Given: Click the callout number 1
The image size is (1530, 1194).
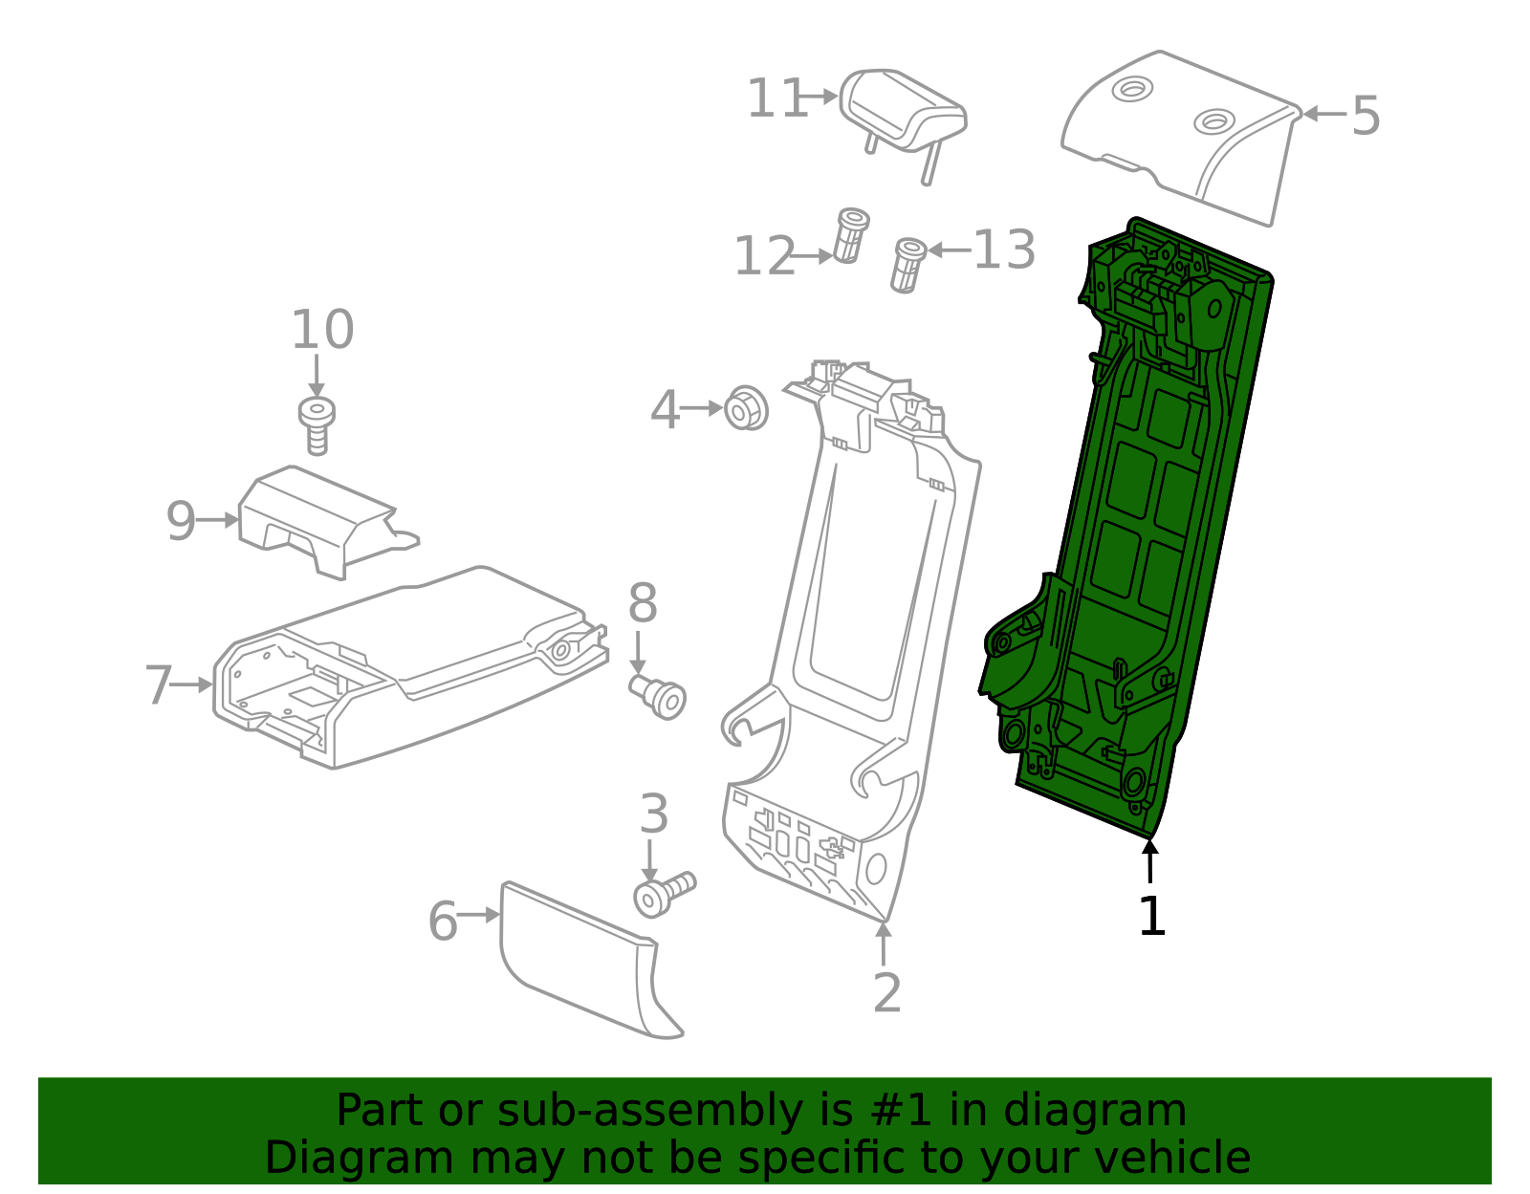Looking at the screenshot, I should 1151,917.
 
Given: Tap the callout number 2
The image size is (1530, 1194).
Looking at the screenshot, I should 886,993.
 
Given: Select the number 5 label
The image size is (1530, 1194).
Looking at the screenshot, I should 1366,117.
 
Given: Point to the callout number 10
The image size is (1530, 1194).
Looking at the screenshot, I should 322,330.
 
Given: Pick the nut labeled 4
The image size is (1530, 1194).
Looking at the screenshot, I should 746,409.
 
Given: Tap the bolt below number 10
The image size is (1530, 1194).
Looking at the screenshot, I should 317,423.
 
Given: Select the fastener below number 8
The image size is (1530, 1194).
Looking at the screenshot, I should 660,696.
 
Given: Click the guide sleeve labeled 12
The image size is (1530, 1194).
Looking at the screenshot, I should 849,235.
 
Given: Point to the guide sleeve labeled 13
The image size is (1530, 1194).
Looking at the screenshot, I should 907,265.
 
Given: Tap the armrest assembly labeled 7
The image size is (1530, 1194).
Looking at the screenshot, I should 402,669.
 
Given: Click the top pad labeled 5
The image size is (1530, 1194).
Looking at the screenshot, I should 1186,134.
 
